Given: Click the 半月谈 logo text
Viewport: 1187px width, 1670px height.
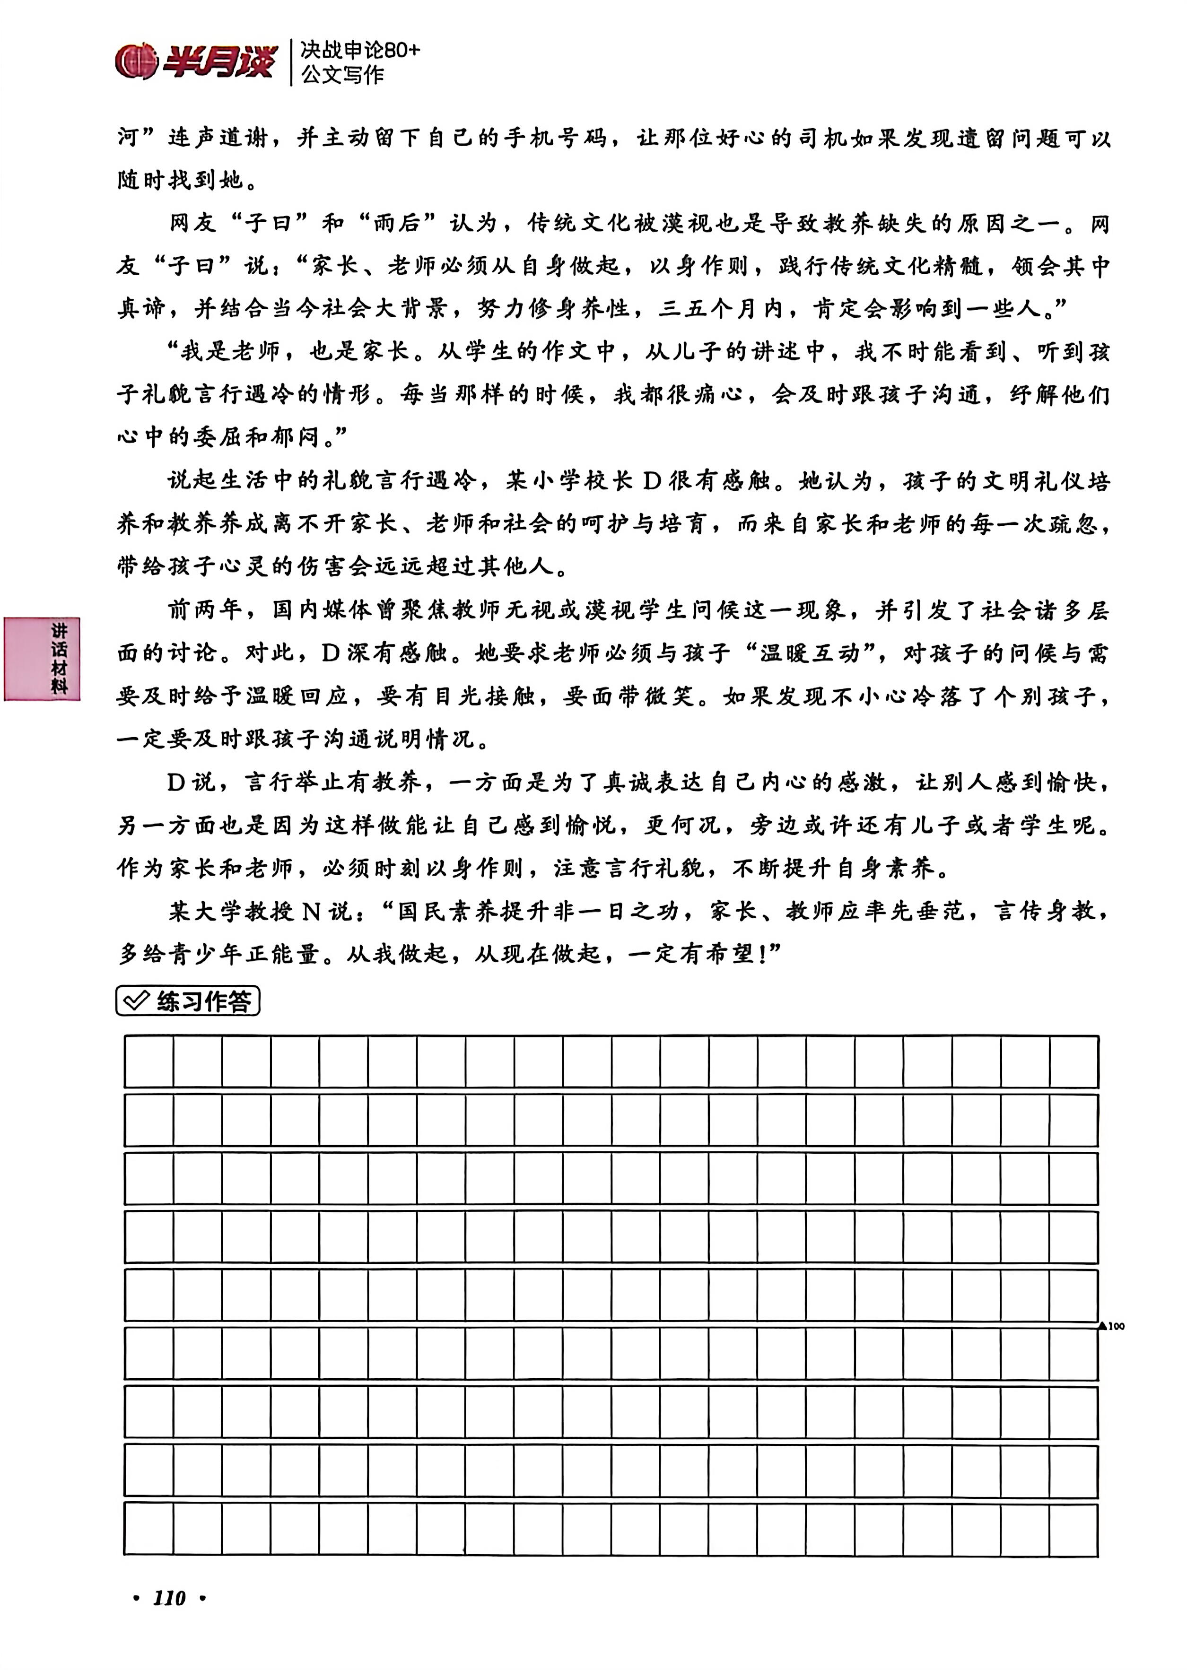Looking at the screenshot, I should (219, 61).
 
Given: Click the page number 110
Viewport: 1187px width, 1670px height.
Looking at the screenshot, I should (169, 1599).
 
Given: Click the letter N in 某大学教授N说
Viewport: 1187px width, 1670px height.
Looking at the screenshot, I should (311, 912).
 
